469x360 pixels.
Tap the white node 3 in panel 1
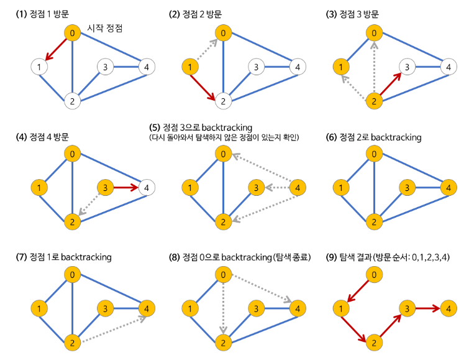point(106,67)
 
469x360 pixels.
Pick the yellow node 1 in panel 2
point(190,66)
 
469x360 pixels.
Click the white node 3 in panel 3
point(406,66)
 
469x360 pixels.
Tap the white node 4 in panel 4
point(147,187)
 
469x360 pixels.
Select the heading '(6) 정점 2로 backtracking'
point(375,137)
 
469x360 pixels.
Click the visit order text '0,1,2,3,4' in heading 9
point(430,257)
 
